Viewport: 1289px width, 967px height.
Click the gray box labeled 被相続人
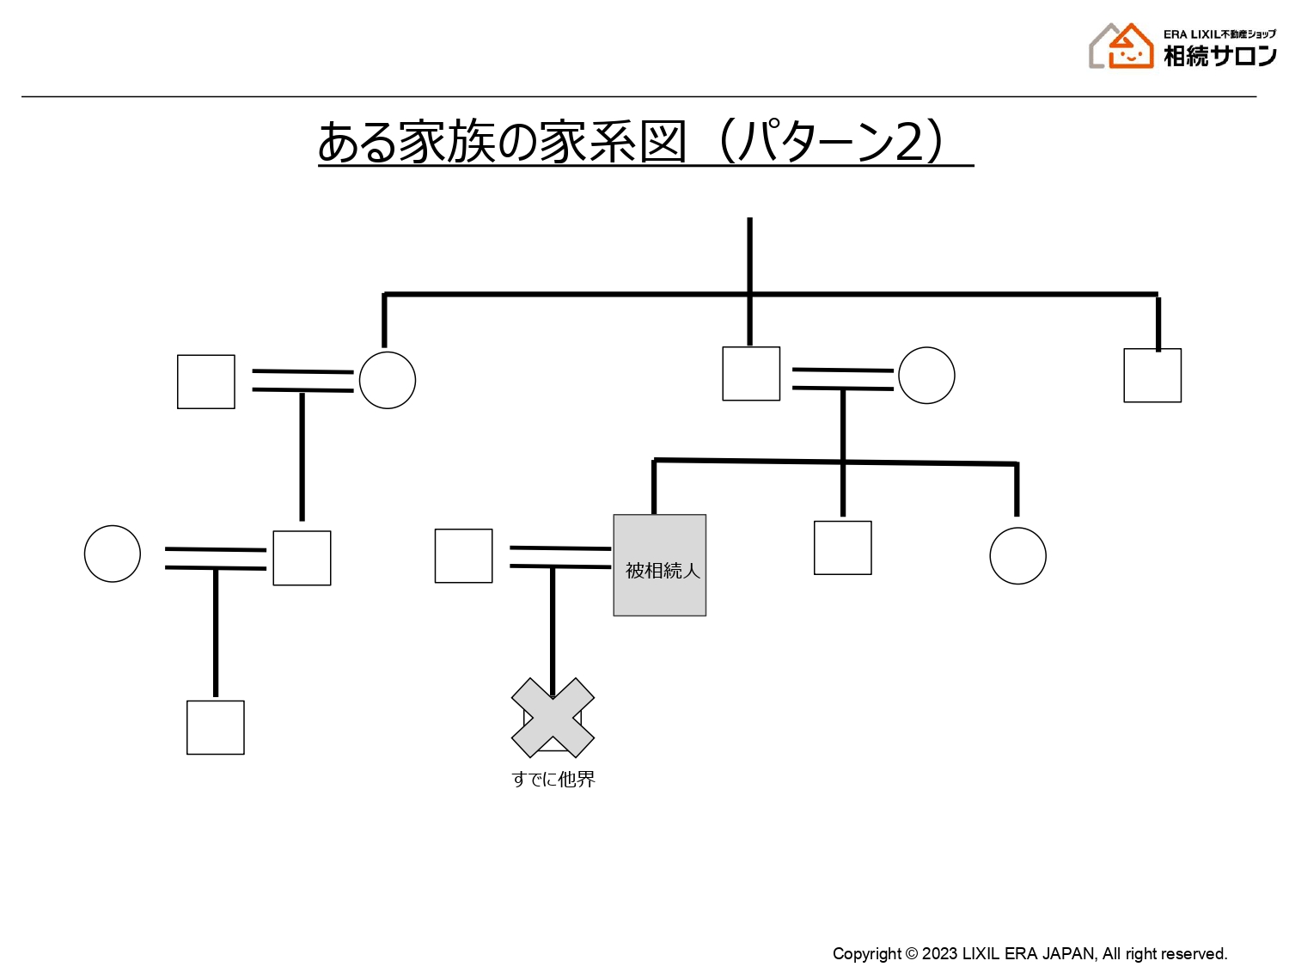click(x=659, y=565)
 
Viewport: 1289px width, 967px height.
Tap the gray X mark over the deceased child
click(x=553, y=717)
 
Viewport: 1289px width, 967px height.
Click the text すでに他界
click(x=553, y=779)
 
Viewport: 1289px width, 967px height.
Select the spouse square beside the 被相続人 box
click(x=463, y=555)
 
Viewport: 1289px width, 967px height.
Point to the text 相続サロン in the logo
click(x=1219, y=57)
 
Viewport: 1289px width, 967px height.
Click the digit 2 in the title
click(x=909, y=142)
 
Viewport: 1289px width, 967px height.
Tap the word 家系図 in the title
click(x=613, y=142)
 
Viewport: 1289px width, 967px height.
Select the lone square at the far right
click(x=1152, y=375)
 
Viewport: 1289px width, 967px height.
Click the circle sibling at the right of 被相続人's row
click(x=1017, y=555)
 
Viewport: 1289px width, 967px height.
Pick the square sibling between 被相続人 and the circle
click(x=843, y=548)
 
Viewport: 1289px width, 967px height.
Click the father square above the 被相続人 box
click(x=751, y=373)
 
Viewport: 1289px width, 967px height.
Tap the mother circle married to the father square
click(x=926, y=375)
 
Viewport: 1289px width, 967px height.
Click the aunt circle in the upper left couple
click(x=388, y=380)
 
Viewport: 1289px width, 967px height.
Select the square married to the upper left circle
click(x=206, y=382)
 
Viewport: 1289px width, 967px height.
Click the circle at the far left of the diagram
click(x=113, y=554)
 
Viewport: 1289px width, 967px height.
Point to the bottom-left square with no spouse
click(x=216, y=727)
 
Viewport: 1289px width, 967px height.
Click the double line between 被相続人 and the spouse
click(x=560, y=557)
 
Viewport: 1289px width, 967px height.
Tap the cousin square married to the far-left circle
click(x=302, y=558)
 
